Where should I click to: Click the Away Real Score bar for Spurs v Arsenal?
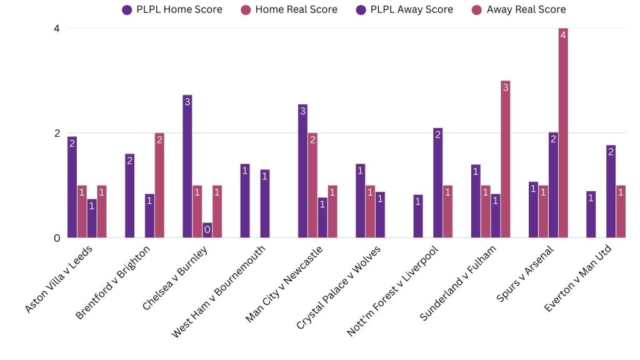click(563, 133)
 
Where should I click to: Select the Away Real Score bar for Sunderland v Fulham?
click(506, 159)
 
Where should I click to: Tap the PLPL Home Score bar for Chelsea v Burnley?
click(187, 166)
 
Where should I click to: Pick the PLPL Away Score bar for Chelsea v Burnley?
click(207, 230)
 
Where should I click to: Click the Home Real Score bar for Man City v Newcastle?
click(312, 186)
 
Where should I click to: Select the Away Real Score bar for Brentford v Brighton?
click(159, 186)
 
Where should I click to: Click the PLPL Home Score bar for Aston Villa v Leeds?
click(72, 187)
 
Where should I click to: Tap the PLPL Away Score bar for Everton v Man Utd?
click(611, 191)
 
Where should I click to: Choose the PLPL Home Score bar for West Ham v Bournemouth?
click(245, 201)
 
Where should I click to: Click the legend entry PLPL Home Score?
click(172, 9)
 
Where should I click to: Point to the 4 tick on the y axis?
click(57, 28)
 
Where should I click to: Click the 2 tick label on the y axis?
click(57, 133)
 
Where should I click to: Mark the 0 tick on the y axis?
click(57, 238)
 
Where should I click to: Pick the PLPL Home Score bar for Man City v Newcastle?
click(303, 171)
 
